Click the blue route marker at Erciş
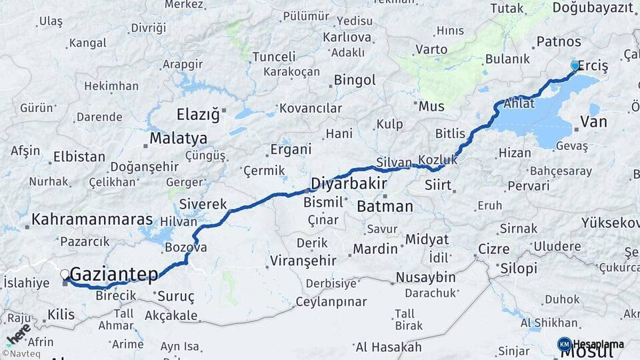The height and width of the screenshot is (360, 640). pyautogui.click(x=575, y=66)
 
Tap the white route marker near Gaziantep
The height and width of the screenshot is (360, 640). pyautogui.click(x=65, y=274)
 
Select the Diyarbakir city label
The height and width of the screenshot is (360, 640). pyautogui.click(x=348, y=183)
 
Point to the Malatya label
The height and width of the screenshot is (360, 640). pyautogui.click(x=178, y=139)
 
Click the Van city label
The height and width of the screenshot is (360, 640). pyautogui.click(x=593, y=122)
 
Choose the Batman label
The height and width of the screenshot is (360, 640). pyautogui.click(x=385, y=207)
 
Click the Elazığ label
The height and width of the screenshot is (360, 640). pyautogui.click(x=197, y=114)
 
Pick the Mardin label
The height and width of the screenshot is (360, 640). pyautogui.click(x=375, y=249)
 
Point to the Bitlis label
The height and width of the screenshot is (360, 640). pyautogui.click(x=450, y=134)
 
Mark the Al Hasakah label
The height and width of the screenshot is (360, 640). pyautogui.click(x=388, y=347)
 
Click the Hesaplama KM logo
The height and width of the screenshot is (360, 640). pyautogui.click(x=591, y=344)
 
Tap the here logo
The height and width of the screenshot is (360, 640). pyautogui.click(x=19, y=333)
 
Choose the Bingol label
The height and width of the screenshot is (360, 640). pyautogui.click(x=355, y=81)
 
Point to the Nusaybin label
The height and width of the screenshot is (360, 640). pyautogui.click(x=425, y=277)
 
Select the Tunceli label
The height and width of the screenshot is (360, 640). pyautogui.click(x=273, y=57)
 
